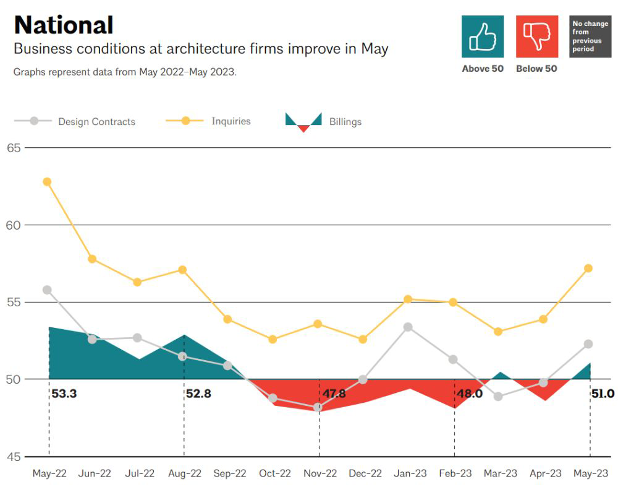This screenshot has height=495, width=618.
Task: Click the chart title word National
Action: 64,25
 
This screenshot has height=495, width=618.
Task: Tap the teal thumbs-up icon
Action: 483,37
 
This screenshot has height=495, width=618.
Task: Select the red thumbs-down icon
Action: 536,37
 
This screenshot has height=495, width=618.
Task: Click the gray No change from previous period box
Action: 590,37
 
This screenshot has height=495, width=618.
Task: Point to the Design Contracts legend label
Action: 96,122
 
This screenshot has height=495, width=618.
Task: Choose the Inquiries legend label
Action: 231,121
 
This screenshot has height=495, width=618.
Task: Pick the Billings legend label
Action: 345,122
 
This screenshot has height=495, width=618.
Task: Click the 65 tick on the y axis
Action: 14,148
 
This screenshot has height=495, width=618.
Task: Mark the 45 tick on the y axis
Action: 14,457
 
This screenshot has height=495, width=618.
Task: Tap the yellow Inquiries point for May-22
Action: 47,182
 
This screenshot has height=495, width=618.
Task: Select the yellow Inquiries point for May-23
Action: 588,269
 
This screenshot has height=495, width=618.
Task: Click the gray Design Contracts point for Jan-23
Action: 408,327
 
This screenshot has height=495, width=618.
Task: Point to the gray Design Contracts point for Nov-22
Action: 318,408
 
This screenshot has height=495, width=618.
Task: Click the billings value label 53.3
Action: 64,394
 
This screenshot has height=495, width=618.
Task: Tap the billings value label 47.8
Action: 334,394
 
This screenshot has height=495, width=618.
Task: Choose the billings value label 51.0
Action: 603,394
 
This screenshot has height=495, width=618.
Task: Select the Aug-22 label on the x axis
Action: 184,474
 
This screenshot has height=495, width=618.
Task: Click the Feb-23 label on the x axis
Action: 455,474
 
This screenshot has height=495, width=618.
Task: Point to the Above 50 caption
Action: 483,69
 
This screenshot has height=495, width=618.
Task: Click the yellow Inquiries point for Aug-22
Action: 182,270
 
